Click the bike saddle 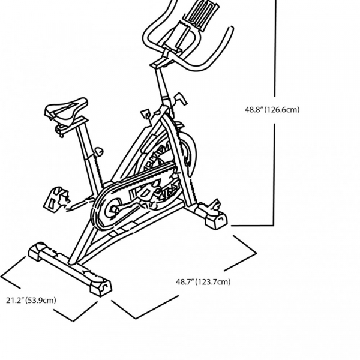[x=65, y=109]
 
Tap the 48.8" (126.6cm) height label [x=271, y=110]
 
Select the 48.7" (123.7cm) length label [x=203, y=281]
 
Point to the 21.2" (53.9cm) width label [x=32, y=300]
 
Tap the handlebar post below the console [x=163, y=84]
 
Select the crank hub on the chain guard [x=111, y=211]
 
